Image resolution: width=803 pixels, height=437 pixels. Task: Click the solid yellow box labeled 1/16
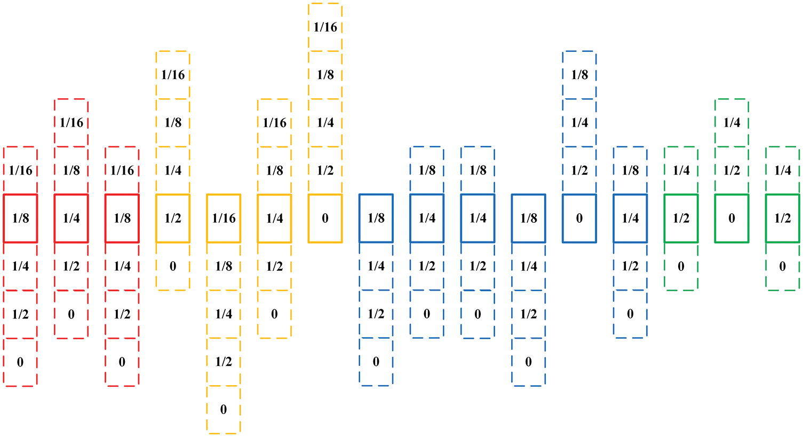pos(224,218)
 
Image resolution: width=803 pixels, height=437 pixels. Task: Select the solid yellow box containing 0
pos(325,218)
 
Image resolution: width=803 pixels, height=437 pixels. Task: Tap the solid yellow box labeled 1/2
pos(173,218)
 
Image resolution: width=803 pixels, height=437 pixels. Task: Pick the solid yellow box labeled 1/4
pos(274,218)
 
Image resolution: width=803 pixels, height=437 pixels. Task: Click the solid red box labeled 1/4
pos(71,218)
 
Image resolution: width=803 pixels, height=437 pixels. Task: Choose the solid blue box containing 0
pos(579,218)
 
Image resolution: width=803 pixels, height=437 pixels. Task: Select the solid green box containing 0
pos(732,218)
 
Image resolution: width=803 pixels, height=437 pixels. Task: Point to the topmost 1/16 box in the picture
pos(325,27)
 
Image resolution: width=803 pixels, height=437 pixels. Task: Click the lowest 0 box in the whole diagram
pos(224,409)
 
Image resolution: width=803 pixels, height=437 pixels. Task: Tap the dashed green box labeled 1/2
pos(732,170)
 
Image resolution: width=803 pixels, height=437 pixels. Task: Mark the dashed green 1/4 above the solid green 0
pos(732,122)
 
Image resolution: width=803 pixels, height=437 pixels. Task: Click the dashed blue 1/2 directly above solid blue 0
pos(579,170)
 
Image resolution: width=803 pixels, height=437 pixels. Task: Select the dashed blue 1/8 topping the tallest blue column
pos(579,75)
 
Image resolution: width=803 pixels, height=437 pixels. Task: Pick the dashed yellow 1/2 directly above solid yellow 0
pos(325,170)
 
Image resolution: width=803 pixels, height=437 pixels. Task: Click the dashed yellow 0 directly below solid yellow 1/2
pos(173,266)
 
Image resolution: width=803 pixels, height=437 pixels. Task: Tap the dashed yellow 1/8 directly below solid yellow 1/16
pos(224,266)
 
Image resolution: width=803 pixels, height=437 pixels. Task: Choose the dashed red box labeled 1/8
pos(71,170)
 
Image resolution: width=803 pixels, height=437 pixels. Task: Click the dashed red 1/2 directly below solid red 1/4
pos(71,266)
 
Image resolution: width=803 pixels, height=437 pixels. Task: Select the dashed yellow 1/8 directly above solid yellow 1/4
pos(274,170)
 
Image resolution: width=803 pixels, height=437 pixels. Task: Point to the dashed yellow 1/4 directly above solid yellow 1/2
pos(173,170)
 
